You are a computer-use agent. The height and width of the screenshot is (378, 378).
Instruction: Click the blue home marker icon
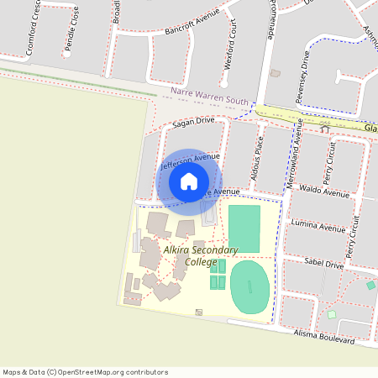click(189, 181)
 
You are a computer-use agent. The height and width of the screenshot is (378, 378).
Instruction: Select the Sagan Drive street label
click(194, 122)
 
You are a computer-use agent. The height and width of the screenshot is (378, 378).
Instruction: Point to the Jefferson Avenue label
click(190, 161)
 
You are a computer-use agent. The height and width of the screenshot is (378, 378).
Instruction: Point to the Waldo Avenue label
click(324, 192)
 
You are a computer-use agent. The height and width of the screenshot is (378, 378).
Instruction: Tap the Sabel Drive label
click(324, 264)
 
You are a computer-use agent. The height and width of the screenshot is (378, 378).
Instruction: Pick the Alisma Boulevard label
click(324, 338)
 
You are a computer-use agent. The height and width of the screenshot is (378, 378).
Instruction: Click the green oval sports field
click(249, 286)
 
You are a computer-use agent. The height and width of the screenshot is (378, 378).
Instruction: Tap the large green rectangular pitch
click(244, 228)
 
